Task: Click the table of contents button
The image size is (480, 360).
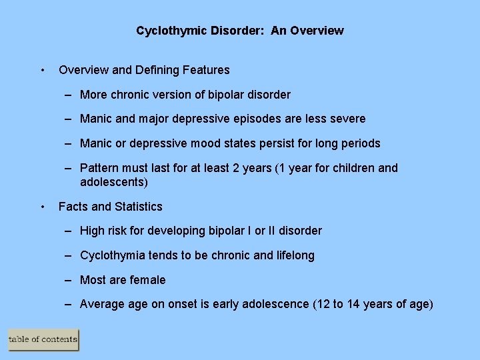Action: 43,339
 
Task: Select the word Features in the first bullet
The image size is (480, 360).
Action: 207,70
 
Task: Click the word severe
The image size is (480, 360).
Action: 347,119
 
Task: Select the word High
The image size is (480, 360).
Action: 92,231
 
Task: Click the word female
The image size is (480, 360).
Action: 148,280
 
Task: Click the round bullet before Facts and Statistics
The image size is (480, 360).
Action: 43,207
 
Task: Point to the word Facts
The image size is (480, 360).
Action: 73,207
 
